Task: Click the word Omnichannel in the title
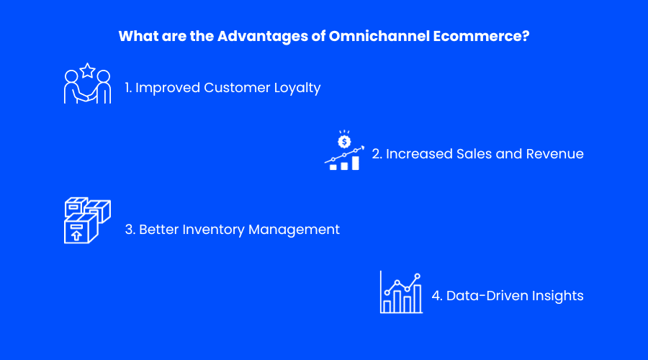tap(379, 36)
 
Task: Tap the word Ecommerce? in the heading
tap(481, 36)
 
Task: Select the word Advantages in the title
tap(262, 37)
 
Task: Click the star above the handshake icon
tap(88, 71)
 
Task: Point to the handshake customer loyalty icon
tap(88, 83)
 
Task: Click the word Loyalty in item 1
tap(297, 88)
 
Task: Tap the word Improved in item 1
tap(168, 88)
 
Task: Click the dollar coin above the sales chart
tap(344, 142)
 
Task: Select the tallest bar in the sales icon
tap(356, 163)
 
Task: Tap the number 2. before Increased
tap(377, 154)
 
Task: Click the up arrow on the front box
tap(76, 235)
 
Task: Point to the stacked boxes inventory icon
tap(87, 220)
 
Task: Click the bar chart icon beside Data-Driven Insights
tap(401, 292)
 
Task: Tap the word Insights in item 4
tap(557, 296)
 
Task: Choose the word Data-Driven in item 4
tap(487, 296)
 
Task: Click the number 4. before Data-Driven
tap(437, 296)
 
